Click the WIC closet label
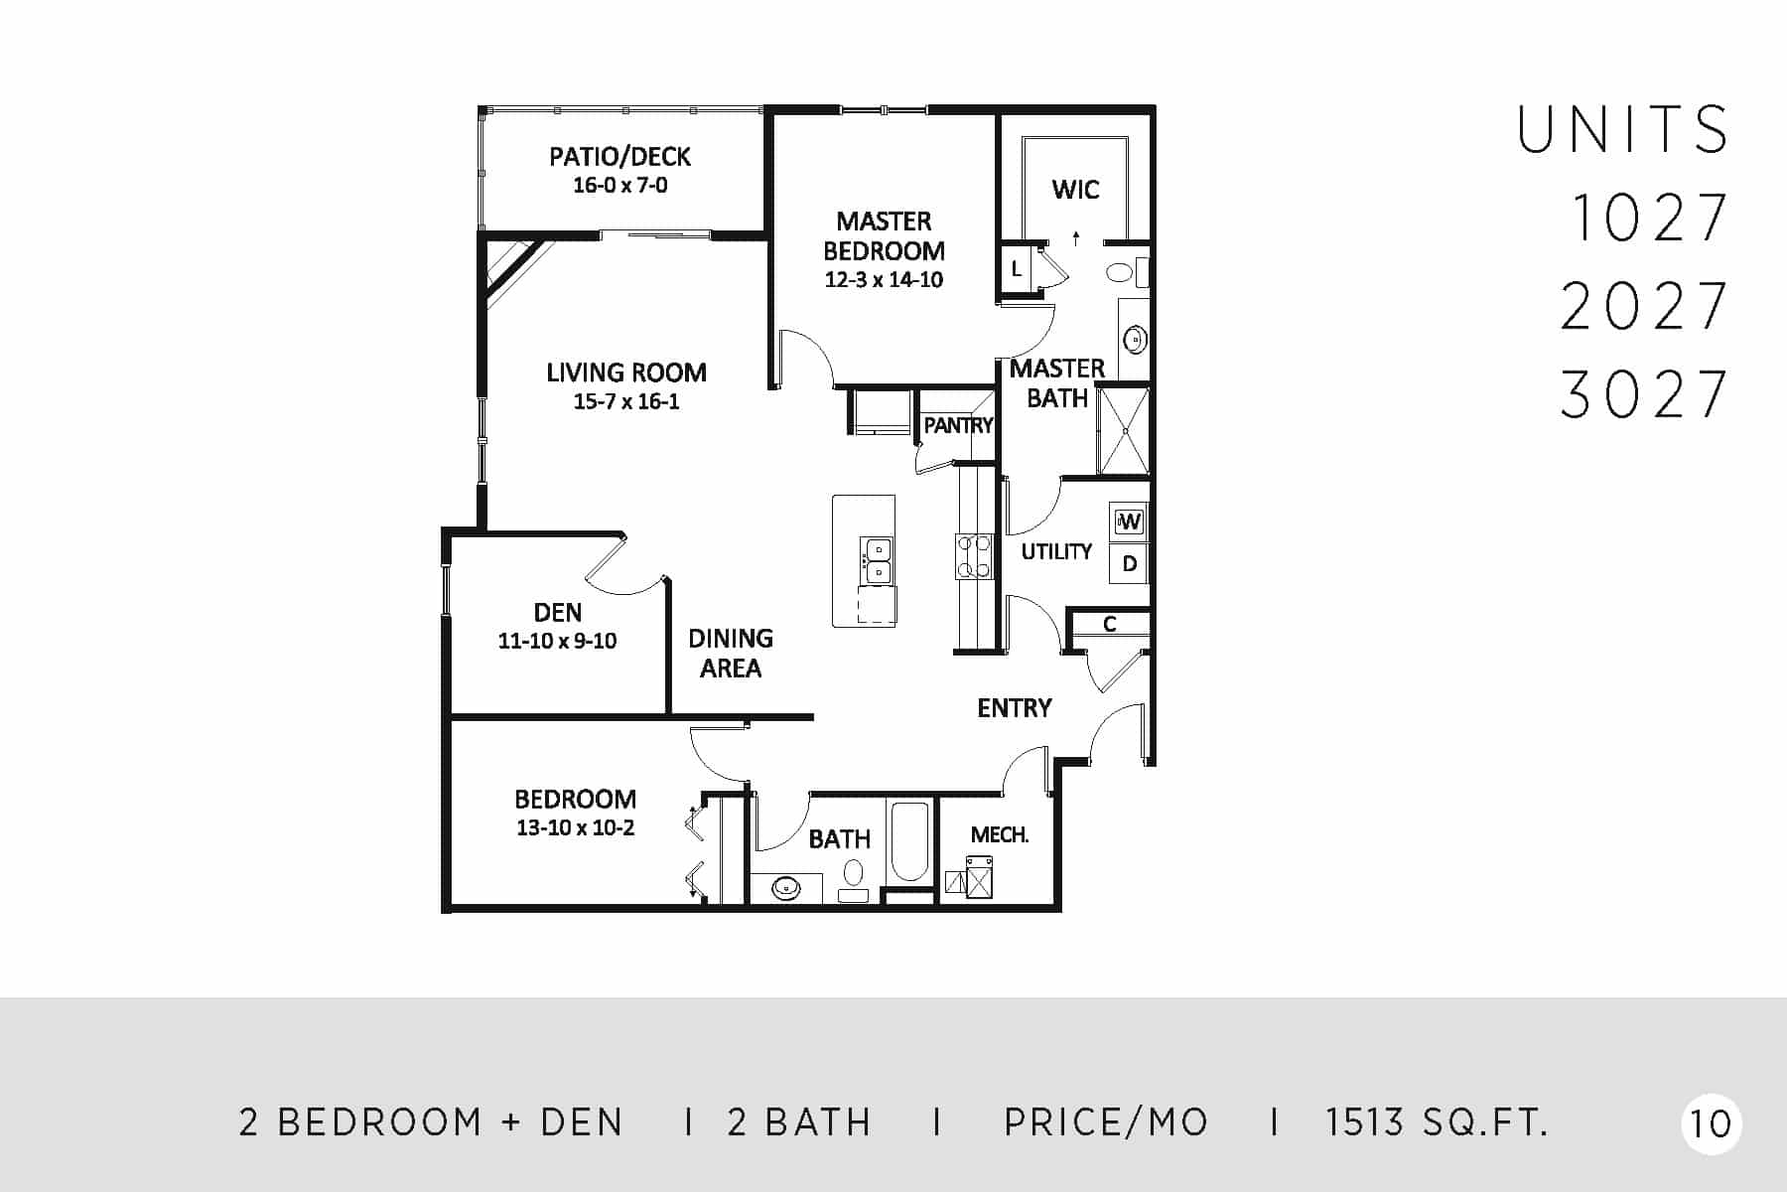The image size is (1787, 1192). coord(1075,189)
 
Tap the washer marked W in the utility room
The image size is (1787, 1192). coord(1129,521)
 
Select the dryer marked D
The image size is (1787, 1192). coord(1129,564)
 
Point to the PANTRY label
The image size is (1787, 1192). coord(958,425)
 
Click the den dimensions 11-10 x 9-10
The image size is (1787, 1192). coord(557,641)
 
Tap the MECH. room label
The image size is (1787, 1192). coord(999,834)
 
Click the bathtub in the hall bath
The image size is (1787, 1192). coord(908,842)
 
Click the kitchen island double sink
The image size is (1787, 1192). coord(877,559)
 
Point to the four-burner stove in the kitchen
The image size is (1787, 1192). coord(974,556)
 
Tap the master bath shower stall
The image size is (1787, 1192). coord(1123,430)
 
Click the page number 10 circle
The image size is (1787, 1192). coord(1711,1123)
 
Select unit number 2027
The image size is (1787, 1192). coord(1644,306)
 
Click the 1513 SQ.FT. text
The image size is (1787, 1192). coord(1437,1122)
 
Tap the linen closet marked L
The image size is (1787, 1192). coord(1016,268)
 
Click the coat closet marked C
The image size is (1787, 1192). coord(1110,624)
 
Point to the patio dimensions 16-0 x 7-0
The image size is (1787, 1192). coord(620,185)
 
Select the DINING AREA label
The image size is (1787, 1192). coord(731,653)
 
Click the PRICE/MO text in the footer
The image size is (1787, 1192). coord(1106,1122)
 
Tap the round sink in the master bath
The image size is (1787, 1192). coord(1134,340)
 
